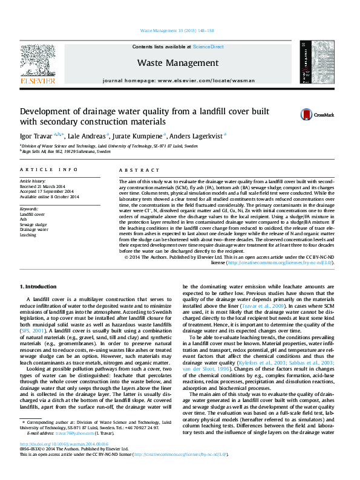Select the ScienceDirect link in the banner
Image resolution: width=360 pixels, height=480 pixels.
(208, 47)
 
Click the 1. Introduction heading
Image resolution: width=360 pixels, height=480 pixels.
(39, 286)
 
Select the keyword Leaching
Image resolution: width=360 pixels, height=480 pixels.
(28, 235)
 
